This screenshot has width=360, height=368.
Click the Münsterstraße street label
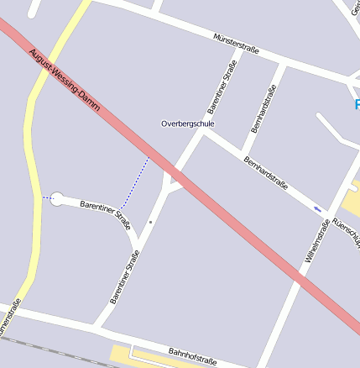236,45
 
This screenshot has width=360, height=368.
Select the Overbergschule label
188,124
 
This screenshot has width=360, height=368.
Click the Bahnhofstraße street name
192,356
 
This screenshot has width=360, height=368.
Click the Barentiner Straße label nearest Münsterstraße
222,93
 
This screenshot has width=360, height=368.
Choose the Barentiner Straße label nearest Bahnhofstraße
124,281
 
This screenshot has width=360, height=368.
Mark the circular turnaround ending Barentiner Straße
57,199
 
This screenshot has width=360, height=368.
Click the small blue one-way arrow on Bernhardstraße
317,208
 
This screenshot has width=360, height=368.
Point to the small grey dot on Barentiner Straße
150,222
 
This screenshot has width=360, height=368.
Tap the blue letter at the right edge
357,104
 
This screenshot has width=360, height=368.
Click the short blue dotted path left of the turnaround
45,198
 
